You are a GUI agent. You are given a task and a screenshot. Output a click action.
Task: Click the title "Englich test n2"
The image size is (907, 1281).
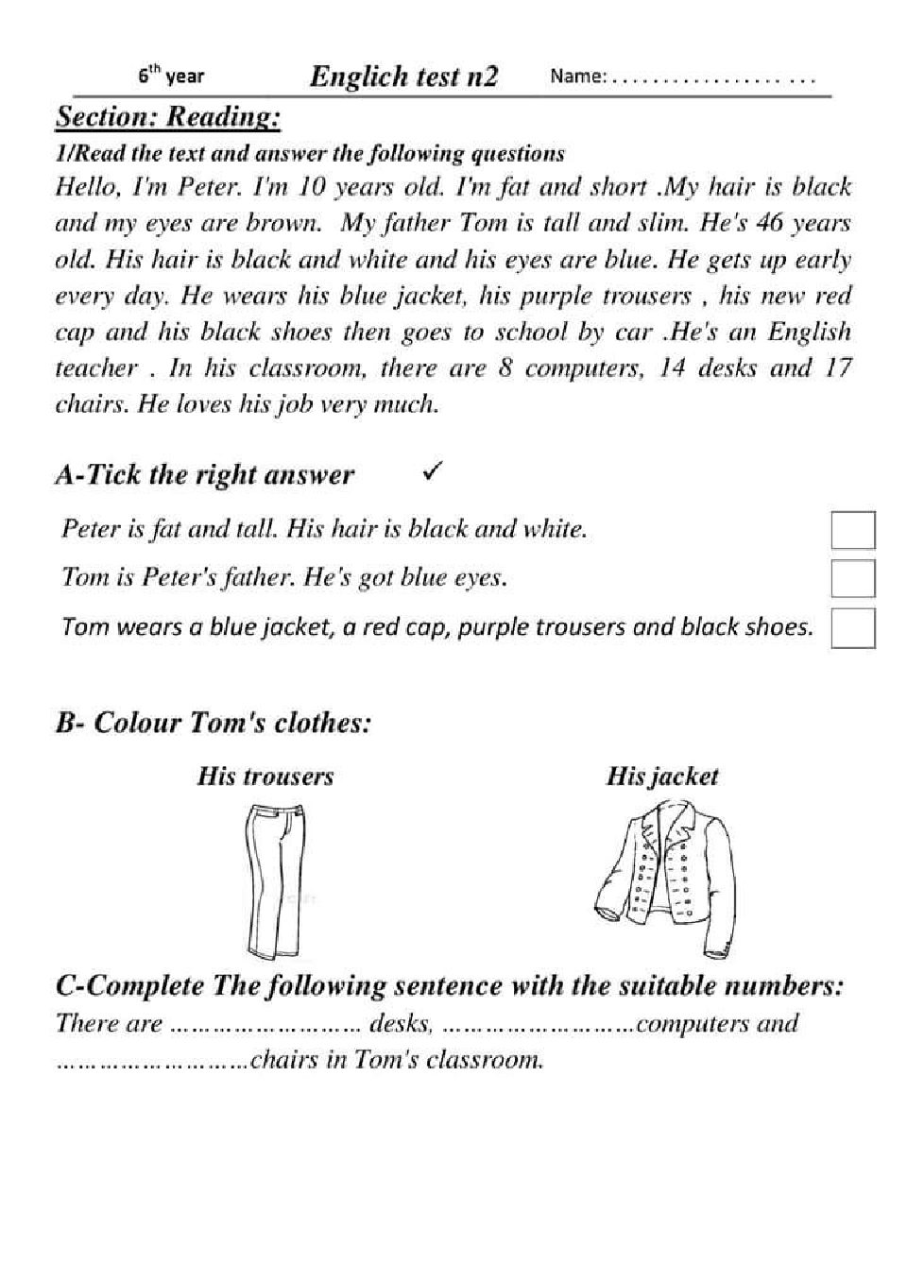[x=403, y=77]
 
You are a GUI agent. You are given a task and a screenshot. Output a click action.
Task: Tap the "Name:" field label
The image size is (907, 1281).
[x=577, y=77]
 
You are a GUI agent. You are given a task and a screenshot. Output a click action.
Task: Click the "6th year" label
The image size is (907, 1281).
[x=171, y=76]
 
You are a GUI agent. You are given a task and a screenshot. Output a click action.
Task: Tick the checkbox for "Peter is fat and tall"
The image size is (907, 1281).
[x=852, y=530]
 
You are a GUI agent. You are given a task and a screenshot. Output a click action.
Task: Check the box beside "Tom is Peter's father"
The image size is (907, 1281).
[x=852, y=578]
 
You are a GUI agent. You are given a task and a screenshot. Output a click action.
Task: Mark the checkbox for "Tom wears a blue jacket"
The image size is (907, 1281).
[x=852, y=628]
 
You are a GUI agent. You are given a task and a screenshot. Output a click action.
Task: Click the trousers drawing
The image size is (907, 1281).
[x=273, y=880]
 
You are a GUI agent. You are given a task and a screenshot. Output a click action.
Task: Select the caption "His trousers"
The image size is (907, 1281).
[x=265, y=777]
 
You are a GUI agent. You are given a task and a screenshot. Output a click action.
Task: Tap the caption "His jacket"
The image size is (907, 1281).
[x=661, y=777]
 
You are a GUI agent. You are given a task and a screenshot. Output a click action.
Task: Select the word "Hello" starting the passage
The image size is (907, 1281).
[x=86, y=186]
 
